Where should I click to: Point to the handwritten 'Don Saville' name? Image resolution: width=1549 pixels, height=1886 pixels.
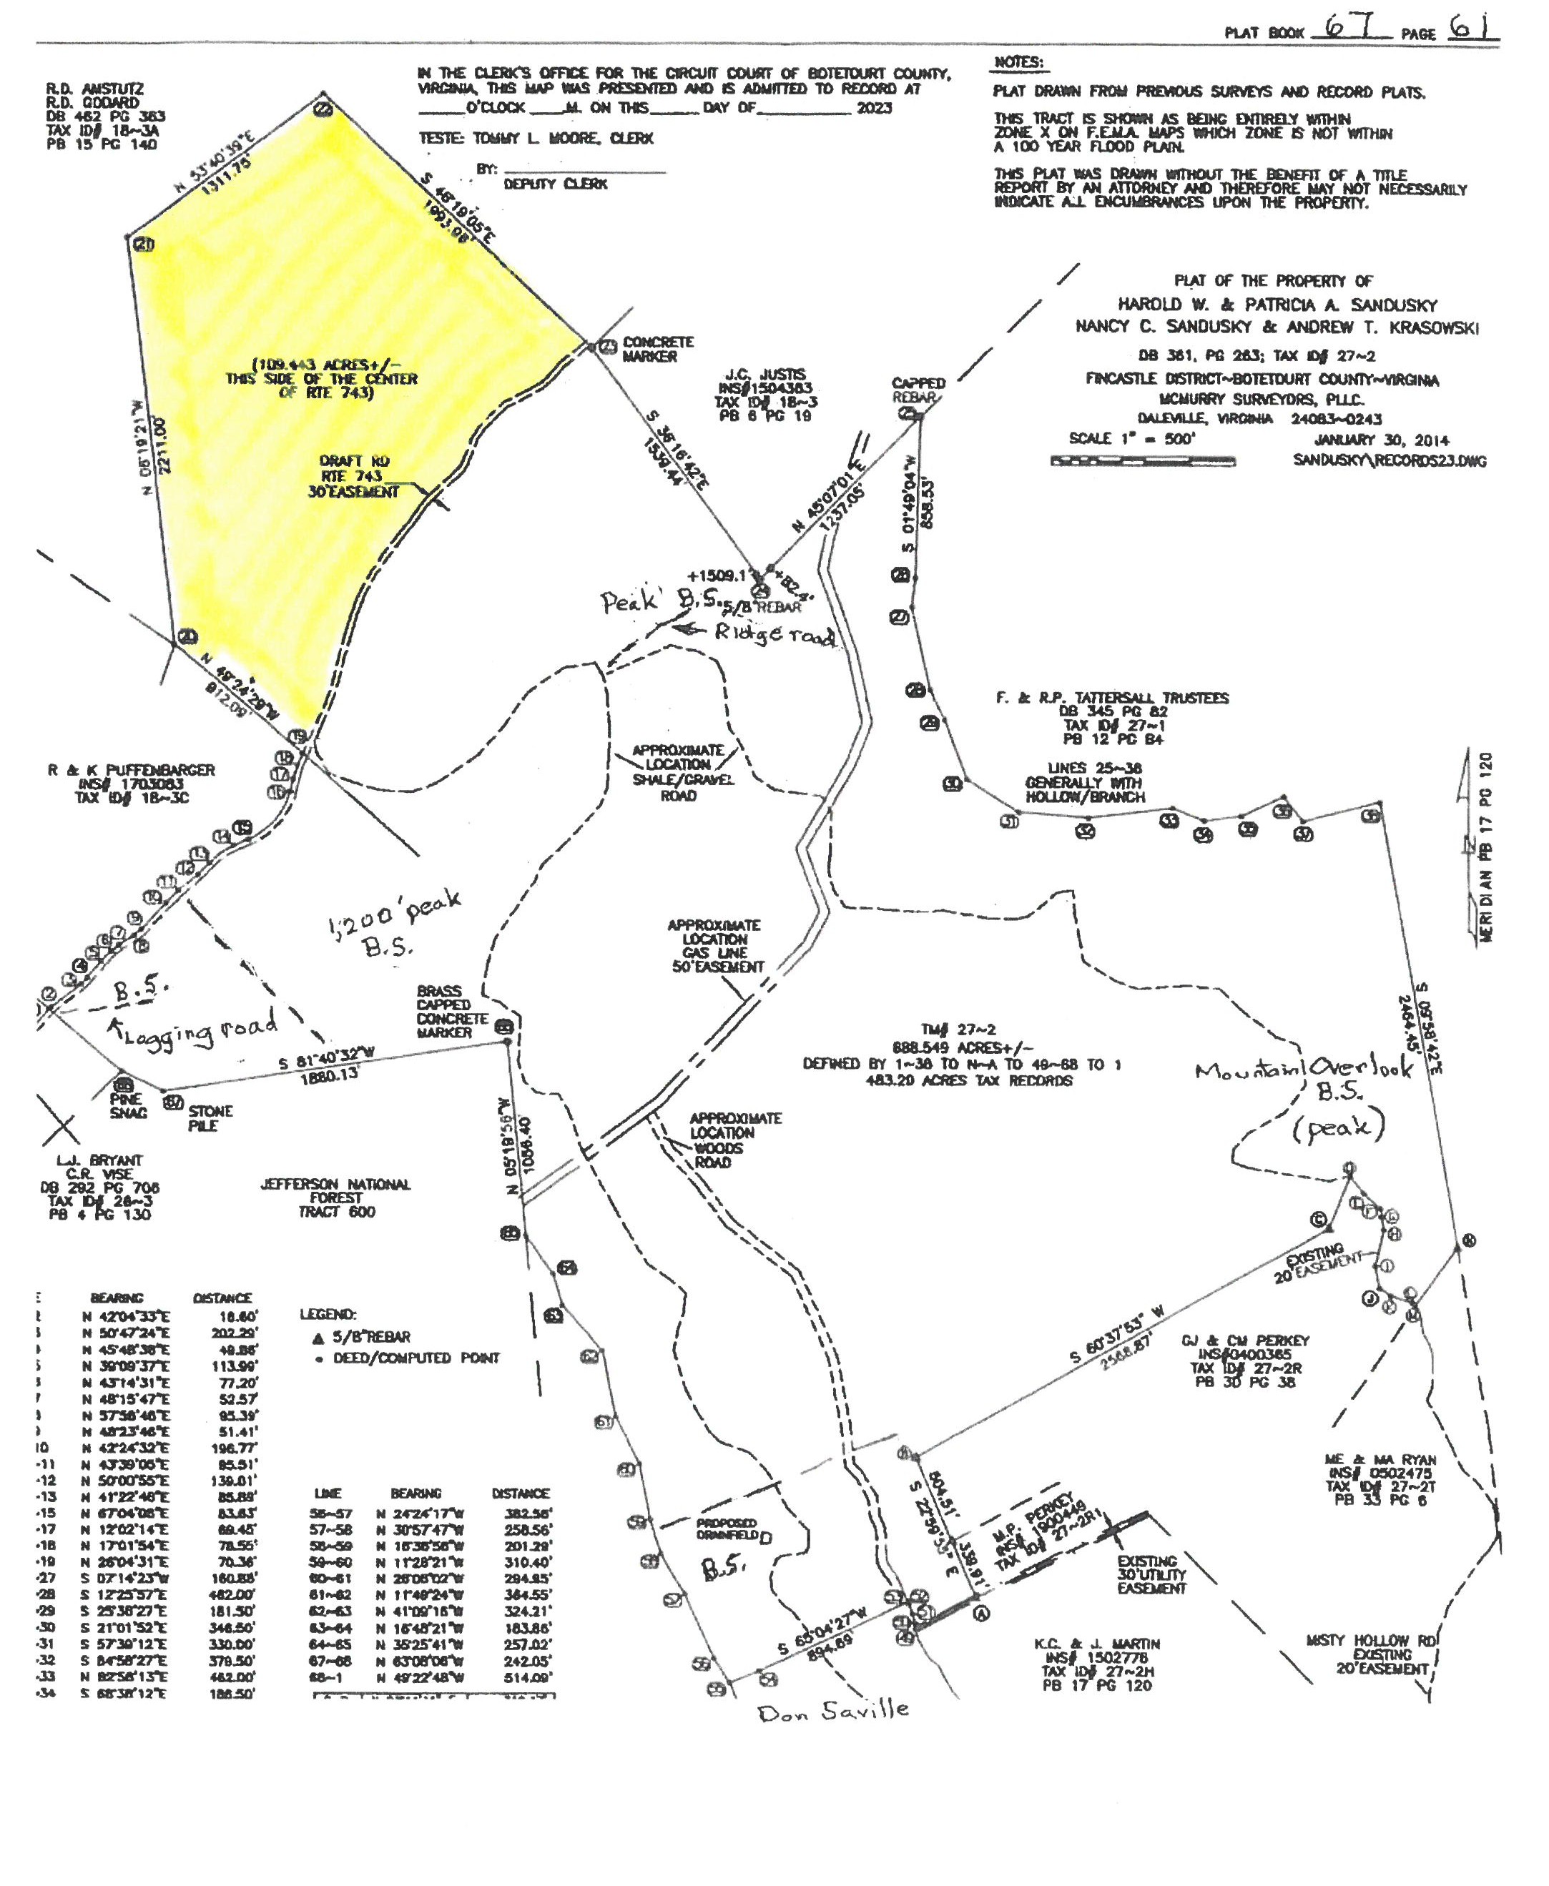coord(832,1710)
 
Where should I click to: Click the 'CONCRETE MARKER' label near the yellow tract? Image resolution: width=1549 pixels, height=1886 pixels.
coord(658,349)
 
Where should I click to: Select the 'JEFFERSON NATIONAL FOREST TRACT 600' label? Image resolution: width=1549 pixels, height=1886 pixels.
coord(335,1198)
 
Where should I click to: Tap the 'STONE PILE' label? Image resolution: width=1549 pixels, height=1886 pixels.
coord(210,1118)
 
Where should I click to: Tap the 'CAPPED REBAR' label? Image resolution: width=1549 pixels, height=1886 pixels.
coord(918,390)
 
